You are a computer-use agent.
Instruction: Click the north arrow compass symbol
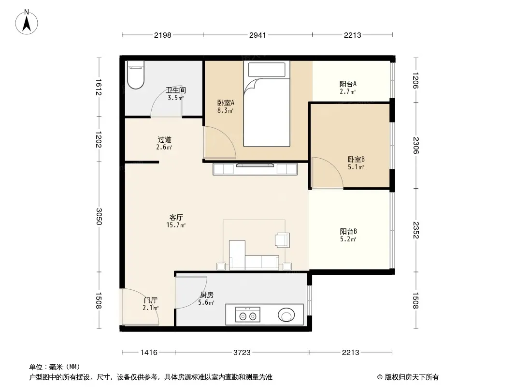click(27, 22)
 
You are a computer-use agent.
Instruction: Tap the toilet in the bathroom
click(136, 75)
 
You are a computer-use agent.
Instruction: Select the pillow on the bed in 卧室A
click(267, 70)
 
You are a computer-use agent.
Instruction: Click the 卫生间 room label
click(176, 90)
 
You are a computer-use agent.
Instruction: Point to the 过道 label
click(164, 140)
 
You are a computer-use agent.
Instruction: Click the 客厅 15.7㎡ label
click(176, 221)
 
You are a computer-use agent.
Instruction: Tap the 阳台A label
click(348, 84)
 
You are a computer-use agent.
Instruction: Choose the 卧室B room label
click(356, 160)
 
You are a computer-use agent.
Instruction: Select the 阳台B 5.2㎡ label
click(348, 235)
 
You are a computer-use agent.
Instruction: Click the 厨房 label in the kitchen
click(207, 295)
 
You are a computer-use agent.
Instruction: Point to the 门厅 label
click(151, 300)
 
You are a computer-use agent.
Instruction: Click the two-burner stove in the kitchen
click(248, 314)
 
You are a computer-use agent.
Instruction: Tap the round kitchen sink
click(286, 315)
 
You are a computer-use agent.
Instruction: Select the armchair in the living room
click(283, 239)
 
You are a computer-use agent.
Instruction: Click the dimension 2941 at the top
click(257, 35)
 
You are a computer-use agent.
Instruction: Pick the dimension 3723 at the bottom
click(242, 353)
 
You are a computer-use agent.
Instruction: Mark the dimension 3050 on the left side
click(99, 217)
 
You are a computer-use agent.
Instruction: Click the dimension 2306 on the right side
click(416, 145)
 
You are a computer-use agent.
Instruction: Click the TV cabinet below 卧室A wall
click(255, 169)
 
